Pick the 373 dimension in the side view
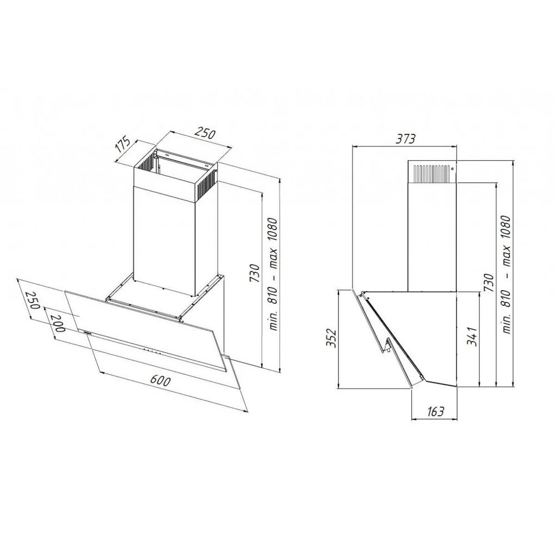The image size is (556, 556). click(x=405, y=138)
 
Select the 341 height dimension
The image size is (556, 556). click(x=472, y=336)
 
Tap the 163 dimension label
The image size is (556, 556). click(x=435, y=411)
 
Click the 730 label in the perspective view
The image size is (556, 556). click(x=254, y=273)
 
